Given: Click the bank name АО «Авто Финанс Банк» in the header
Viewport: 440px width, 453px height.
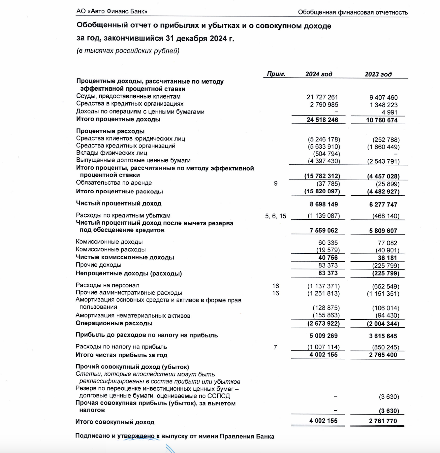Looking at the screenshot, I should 112,11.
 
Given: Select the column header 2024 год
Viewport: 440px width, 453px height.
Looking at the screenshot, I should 319,74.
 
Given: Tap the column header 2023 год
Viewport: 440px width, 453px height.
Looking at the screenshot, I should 378,74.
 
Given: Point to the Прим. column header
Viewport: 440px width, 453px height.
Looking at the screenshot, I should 276,74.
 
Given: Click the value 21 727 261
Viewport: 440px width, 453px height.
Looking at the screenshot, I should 322,97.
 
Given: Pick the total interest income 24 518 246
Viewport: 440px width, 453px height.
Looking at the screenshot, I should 322,120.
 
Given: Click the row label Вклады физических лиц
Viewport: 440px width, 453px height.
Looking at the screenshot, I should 112,153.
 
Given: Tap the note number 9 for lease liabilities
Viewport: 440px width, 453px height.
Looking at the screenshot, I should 275,183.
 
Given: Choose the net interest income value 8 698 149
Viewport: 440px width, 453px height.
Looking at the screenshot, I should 324,204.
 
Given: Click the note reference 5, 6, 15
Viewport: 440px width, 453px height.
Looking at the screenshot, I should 275,216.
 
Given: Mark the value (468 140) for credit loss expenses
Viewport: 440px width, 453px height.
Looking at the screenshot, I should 386,216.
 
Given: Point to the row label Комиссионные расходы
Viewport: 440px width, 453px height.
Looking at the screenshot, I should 111,249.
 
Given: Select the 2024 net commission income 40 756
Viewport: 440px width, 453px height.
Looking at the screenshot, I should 328,258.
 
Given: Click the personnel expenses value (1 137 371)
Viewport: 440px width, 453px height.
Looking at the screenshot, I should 323,286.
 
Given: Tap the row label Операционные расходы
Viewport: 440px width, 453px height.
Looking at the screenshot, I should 114,323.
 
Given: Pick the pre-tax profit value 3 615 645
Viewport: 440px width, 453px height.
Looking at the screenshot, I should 383,336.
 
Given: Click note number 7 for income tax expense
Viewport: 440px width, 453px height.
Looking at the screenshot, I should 275,347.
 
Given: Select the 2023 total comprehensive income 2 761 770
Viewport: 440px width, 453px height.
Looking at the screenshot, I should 383,421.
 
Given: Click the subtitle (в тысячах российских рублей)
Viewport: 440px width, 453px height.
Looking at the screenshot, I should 128,51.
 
